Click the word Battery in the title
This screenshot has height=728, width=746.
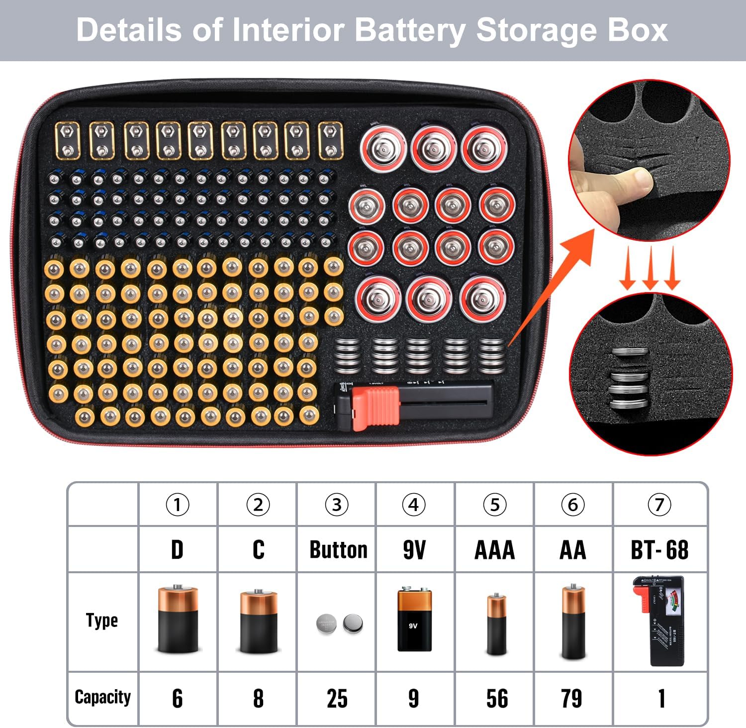coord(410,30)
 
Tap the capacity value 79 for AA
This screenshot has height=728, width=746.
coord(571,698)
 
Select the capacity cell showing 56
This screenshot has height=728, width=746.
coord(496,698)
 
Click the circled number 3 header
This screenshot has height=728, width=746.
coord(337,505)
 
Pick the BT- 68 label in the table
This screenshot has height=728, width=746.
coord(659,550)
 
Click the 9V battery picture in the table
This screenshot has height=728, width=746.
coord(414,620)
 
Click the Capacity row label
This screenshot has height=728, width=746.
coord(102,697)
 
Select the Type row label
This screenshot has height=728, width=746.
coord(102,621)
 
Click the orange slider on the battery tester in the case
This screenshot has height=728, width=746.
coord(375,407)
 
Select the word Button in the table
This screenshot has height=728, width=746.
coord(338,550)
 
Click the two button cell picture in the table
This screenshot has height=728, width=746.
coord(340,623)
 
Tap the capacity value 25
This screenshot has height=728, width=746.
coord(337,698)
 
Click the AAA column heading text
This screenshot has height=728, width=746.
coord(494,550)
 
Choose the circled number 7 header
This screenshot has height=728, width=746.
coord(659,505)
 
